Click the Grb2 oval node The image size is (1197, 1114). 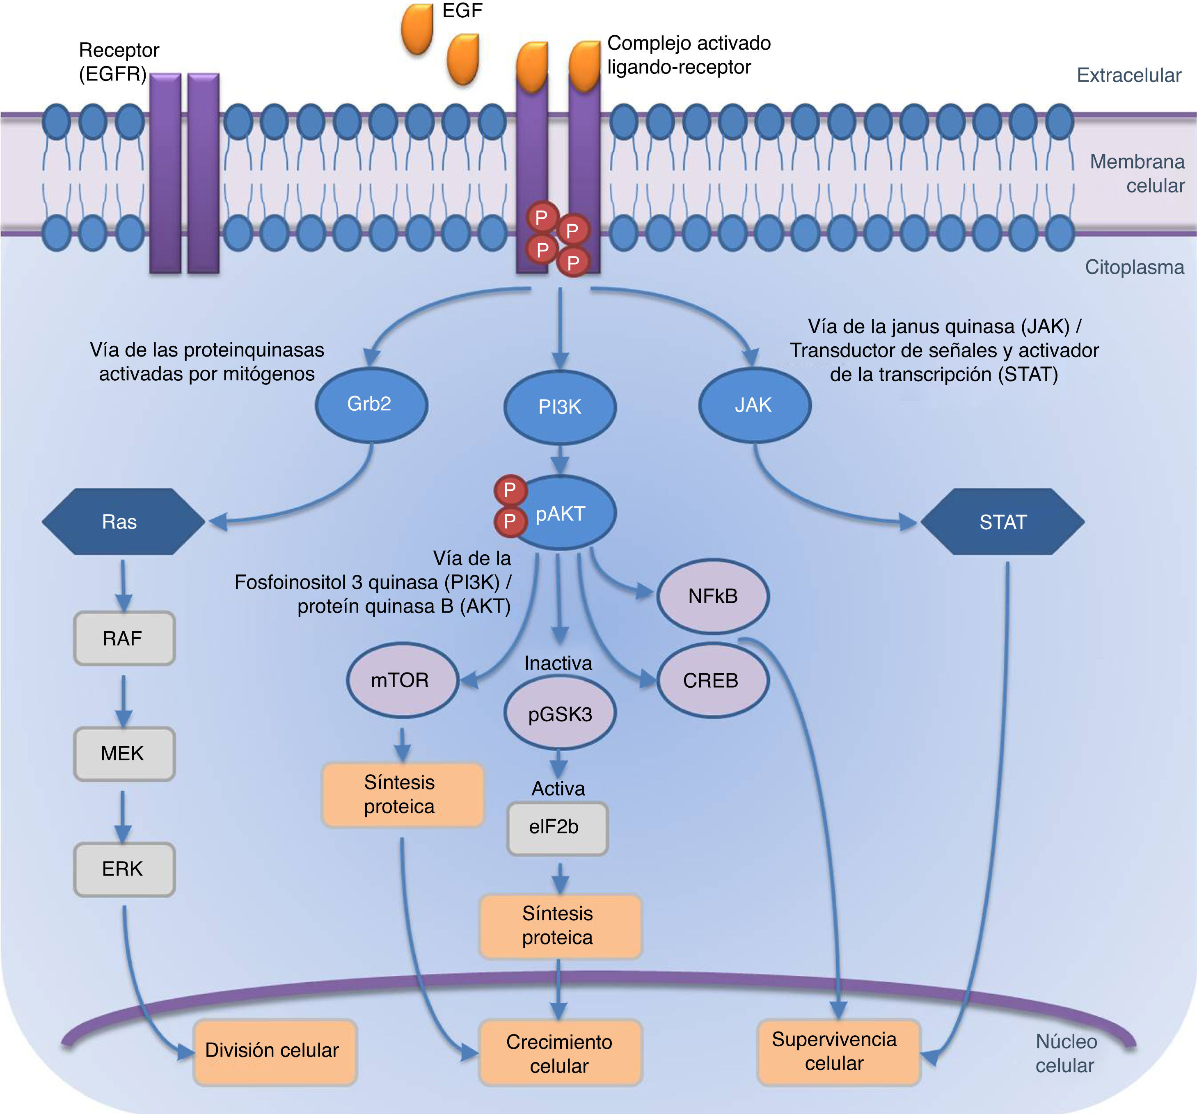[x=371, y=405]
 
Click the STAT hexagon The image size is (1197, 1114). [x=1002, y=522]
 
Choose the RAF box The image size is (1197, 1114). [x=124, y=638]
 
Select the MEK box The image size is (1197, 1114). [x=124, y=753]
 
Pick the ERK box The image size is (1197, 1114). [x=124, y=869]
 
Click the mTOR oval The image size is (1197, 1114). [x=402, y=680]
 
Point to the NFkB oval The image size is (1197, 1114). [x=712, y=596]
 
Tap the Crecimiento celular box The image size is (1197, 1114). [x=560, y=1053]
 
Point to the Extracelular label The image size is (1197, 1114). [x=1128, y=75]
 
